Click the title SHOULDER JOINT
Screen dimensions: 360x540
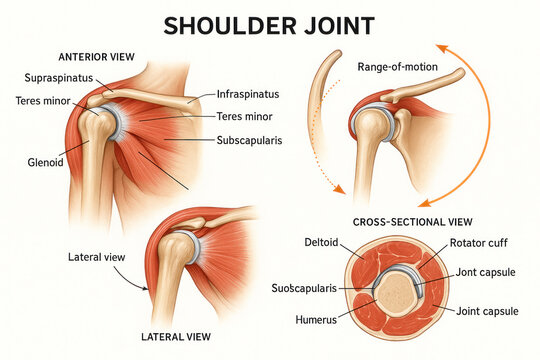point(269,24)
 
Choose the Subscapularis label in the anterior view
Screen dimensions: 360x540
point(257,139)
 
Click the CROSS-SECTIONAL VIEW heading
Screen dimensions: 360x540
point(413,221)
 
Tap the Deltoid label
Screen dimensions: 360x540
point(321,242)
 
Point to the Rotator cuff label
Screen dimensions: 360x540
point(481,242)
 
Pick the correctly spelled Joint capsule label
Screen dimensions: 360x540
point(485,311)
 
